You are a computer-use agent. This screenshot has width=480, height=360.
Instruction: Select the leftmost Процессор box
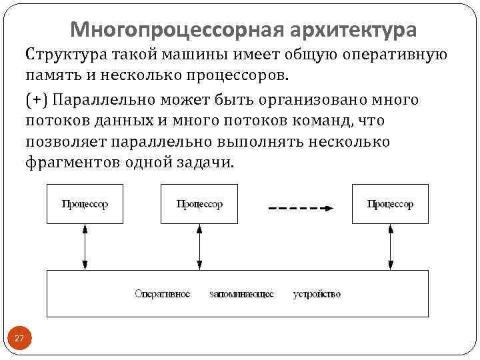pyautogui.click(x=85, y=204)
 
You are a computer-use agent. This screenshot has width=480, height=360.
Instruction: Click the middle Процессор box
pyautogui.click(x=199, y=204)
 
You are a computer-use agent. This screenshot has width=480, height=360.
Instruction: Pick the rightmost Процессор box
pyautogui.click(x=390, y=204)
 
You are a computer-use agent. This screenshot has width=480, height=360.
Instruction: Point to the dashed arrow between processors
pyautogui.click(x=300, y=209)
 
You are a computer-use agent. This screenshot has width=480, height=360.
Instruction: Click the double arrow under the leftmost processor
pyautogui.click(x=85, y=247)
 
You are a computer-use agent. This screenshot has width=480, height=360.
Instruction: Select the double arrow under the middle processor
pyautogui.click(x=199, y=247)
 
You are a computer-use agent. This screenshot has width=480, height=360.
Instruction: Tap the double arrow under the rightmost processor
pyautogui.click(x=390, y=247)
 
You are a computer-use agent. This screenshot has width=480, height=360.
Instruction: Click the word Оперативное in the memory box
pyautogui.click(x=162, y=294)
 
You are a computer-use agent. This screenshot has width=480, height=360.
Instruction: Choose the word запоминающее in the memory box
pyautogui.click(x=241, y=294)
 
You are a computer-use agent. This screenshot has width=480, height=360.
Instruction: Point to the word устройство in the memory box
pyautogui.click(x=317, y=294)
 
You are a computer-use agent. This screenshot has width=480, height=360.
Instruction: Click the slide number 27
pyautogui.click(x=19, y=339)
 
